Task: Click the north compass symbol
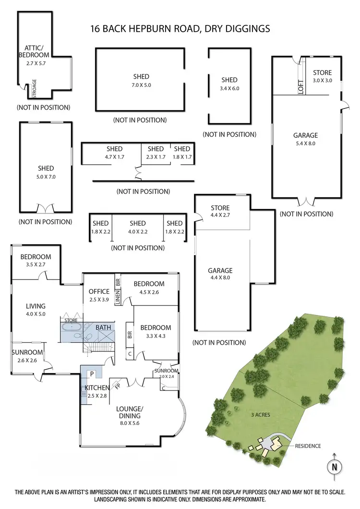pyautogui.click(x=335, y=466)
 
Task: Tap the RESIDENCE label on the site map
pyautogui.click(x=307, y=446)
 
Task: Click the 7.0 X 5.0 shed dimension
pyautogui.click(x=141, y=85)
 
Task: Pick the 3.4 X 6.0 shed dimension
pyautogui.click(x=229, y=88)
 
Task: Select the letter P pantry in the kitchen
pyautogui.click(x=91, y=373)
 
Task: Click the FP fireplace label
pyautogui.click(x=117, y=384)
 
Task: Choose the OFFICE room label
pyautogui.click(x=99, y=291)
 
